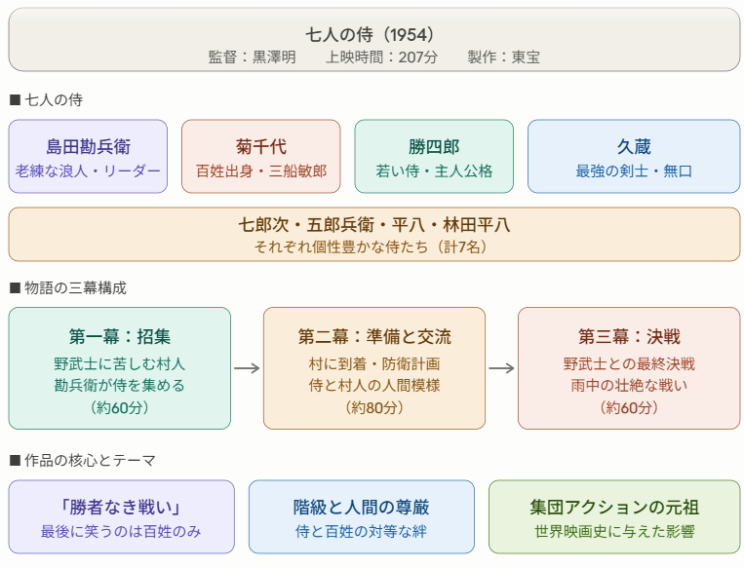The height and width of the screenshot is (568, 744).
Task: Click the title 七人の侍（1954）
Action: [x=371, y=34]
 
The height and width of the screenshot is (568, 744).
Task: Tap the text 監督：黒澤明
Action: [x=252, y=57]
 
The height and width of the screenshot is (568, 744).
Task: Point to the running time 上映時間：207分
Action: [x=371, y=57]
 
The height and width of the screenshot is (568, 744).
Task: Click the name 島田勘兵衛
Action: [x=88, y=147]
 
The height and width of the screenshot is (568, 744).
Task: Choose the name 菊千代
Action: [x=261, y=147]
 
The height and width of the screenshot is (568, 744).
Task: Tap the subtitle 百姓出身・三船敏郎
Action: [x=261, y=170]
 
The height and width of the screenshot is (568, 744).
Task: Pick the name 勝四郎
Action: [x=434, y=147]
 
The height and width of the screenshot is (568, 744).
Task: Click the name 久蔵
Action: [x=634, y=147]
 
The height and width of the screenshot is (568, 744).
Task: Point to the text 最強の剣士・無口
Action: [x=634, y=170]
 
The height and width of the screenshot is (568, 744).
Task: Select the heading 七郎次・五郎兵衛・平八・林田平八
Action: [x=374, y=225]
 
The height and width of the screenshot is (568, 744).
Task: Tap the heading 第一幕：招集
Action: [x=120, y=337]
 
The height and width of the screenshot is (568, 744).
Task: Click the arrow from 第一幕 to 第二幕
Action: [x=248, y=368]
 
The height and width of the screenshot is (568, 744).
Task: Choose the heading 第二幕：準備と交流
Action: [x=374, y=337]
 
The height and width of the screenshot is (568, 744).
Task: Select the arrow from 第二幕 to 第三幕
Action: [x=501, y=368]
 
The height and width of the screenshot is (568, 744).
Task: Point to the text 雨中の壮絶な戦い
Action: [x=629, y=385]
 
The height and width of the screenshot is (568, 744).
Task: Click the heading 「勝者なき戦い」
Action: [x=122, y=508]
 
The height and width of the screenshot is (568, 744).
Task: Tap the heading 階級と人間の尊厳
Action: [x=362, y=508]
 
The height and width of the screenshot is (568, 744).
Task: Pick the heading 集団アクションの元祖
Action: [x=614, y=508]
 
